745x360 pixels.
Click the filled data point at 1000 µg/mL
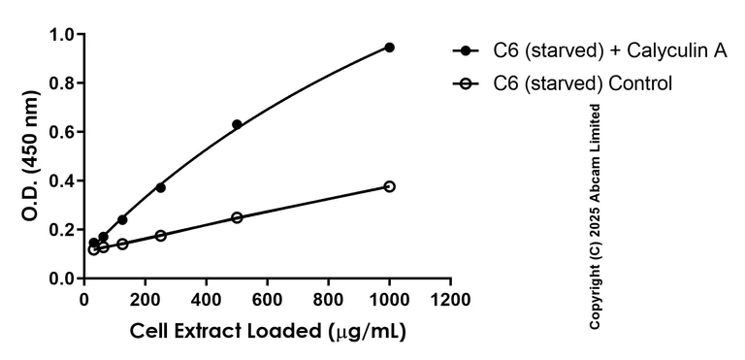389,48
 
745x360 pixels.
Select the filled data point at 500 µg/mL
237,125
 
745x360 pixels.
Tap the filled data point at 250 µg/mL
160,187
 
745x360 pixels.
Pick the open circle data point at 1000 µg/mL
389,186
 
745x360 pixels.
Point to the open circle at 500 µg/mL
237,217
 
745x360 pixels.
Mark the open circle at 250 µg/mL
160,236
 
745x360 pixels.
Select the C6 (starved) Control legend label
583,83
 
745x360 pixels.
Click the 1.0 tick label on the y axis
62,36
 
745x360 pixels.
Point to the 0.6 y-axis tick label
62,133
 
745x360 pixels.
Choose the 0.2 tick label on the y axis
62,230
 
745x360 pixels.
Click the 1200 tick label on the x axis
450,298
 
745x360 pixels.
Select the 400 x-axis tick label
207,298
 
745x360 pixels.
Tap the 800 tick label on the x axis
328,298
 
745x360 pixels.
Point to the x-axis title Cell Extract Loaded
268,331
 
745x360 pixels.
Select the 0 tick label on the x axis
84,298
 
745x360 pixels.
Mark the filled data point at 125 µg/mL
122,220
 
